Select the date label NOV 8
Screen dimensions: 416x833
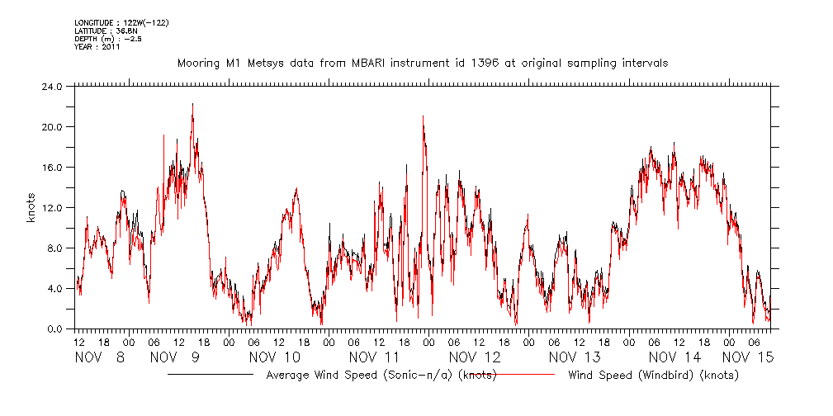100,357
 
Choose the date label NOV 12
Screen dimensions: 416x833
475,357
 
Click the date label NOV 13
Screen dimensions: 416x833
575,357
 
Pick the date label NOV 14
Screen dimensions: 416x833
674,357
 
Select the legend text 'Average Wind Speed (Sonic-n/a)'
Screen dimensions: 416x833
361,375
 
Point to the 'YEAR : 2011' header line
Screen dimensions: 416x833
97,47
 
